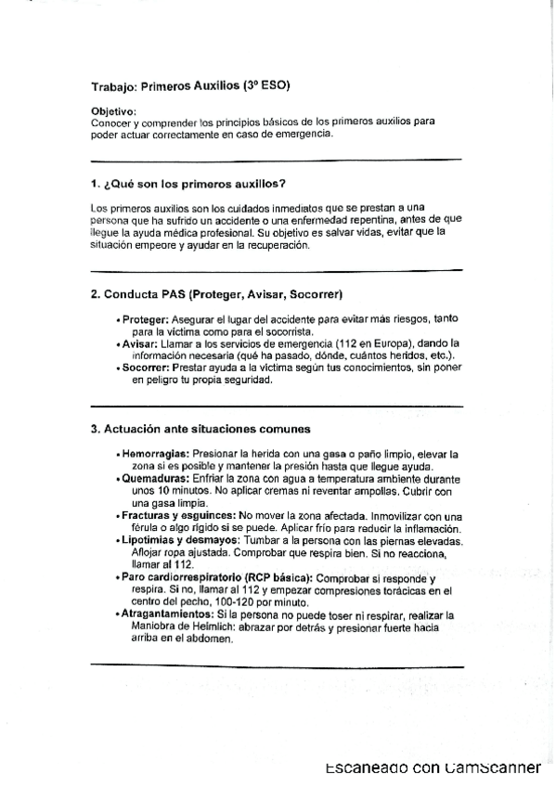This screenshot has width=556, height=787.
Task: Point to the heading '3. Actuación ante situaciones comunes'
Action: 200,429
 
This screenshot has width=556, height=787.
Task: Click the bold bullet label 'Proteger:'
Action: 146,318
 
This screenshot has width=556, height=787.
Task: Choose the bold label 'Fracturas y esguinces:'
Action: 178,515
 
